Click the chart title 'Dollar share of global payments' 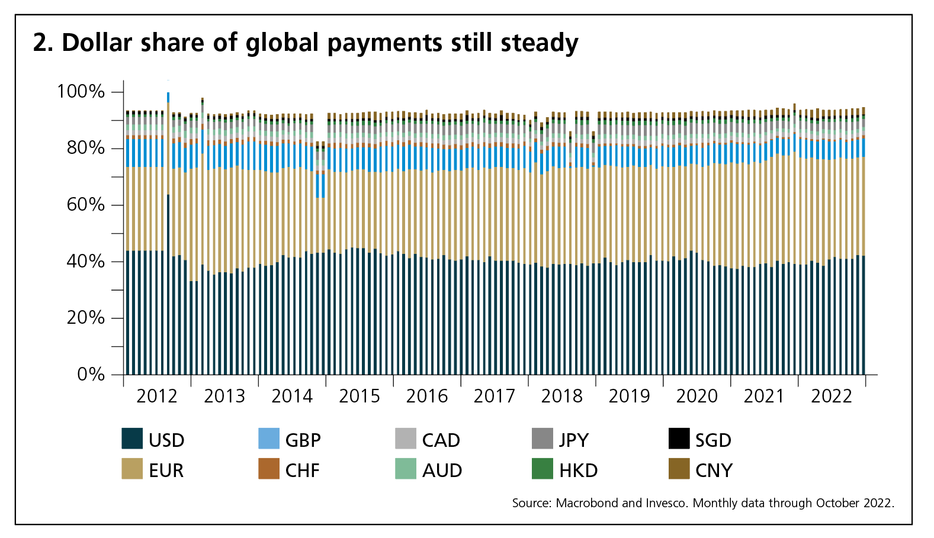(x=305, y=43)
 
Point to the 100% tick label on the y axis (x=81, y=92)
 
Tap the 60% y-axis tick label (x=85, y=205)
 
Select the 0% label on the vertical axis (x=91, y=375)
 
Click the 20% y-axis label (x=85, y=318)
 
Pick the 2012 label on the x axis (x=157, y=396)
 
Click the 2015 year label (x=360, y=396)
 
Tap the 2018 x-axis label (x=562, y=396)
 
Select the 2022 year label (x=832, y=396)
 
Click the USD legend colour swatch (x=132, y=439)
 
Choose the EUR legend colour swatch (x=132, y=469)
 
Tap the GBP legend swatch (x=269, y=439)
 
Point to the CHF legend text (x=303, y=471)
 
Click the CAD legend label (x=441, y=440)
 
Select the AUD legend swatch (x=406, y=469)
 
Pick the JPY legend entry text (x=574, y=440)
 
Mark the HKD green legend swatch (x=543, y=469)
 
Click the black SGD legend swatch (x=679, y=439)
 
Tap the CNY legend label (x=714, y=471)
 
